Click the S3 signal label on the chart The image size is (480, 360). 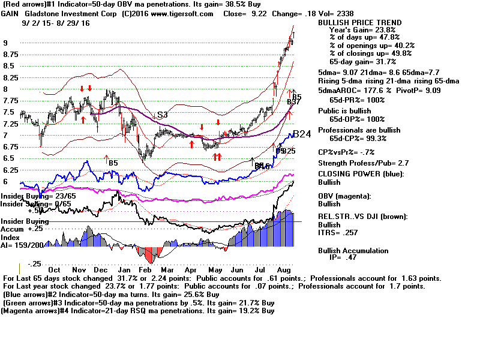coord(161,115)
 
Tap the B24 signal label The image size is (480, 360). coord(302,134)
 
